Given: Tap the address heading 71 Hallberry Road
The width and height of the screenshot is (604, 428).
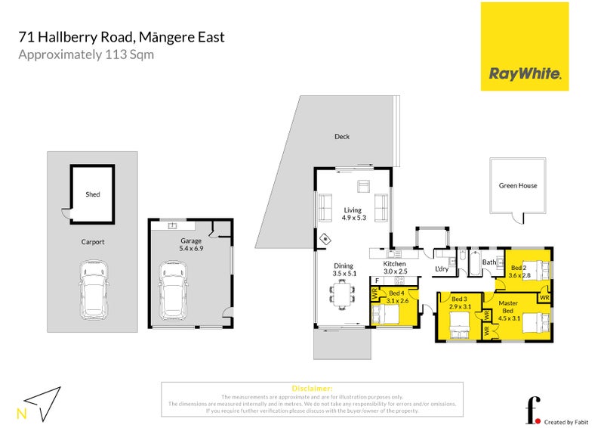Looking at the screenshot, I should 121,36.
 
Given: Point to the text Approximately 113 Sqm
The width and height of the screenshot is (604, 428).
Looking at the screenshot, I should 86,54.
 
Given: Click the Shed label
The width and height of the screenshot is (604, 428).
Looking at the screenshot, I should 92,194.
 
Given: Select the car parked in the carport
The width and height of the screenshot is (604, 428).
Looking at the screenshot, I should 93,290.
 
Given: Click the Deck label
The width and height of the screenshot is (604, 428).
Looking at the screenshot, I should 342,137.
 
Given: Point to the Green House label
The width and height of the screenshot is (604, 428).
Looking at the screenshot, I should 518,185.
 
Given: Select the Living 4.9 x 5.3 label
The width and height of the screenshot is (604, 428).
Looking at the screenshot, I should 353,214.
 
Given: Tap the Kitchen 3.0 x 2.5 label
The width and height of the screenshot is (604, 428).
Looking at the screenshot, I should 395,266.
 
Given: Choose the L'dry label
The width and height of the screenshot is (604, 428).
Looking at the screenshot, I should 442,268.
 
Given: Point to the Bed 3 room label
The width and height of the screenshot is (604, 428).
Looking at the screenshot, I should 460,302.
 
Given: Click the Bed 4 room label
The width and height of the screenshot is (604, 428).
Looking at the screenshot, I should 399,296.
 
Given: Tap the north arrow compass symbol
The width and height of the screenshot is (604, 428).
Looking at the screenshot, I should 42,400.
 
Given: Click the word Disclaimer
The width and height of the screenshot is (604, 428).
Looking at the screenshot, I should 311,388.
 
